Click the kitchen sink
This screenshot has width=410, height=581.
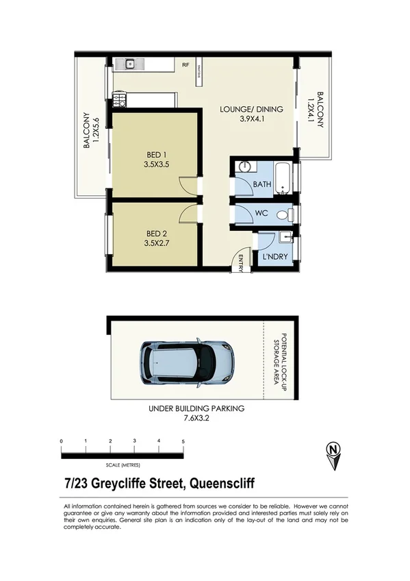point(130,64)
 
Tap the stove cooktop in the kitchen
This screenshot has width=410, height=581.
point(118,100)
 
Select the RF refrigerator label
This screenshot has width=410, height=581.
point(185,65)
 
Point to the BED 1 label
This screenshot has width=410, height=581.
point(156,154)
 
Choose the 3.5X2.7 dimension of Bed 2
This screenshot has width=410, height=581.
point(156,242)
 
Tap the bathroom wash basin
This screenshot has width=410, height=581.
point(245,166)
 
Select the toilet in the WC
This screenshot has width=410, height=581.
point(283,214)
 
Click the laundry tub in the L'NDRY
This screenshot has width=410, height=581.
point(286,238)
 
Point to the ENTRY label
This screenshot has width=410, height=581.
point(241,262)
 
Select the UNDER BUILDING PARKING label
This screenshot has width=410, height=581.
point(196,408)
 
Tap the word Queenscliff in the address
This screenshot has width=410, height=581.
point(221,484)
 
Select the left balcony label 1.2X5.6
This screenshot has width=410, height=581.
point(97,130)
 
